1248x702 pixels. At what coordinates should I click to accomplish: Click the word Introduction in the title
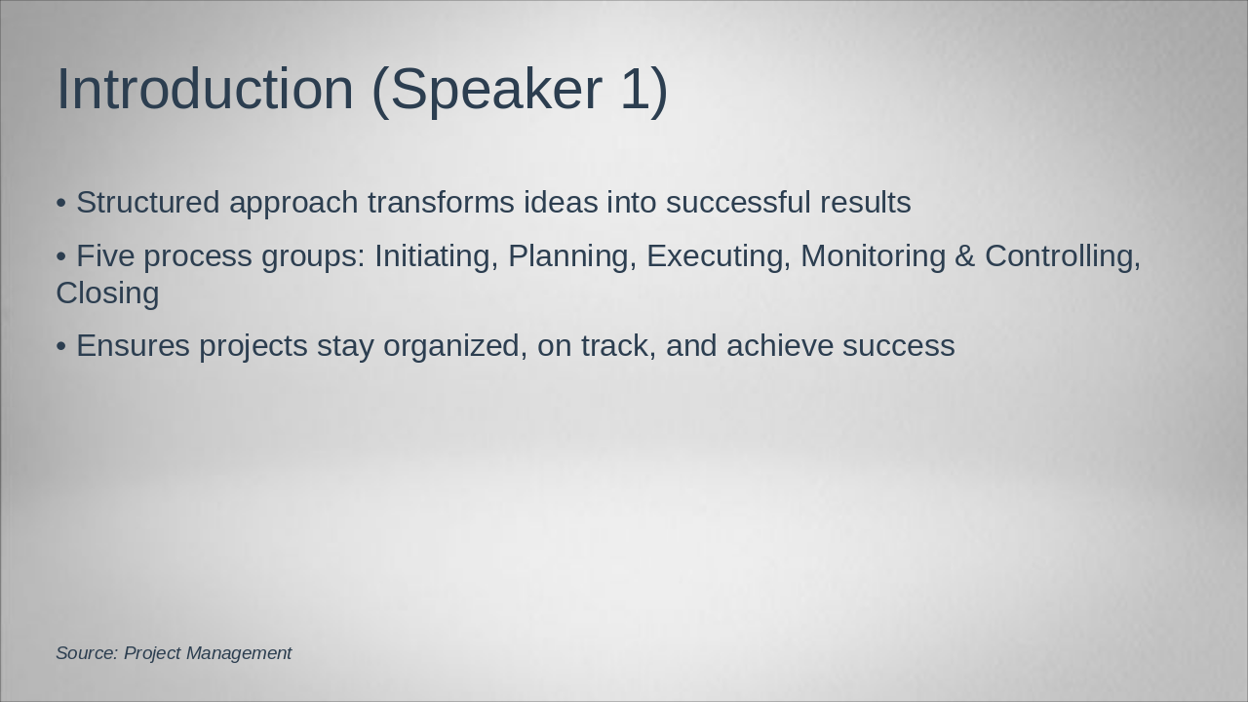(x=205, y=90)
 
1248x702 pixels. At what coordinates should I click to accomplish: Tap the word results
(x=865, y=203)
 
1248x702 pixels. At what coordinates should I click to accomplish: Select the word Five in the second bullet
(x=105, y=256)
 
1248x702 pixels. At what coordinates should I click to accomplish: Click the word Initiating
(x=436, y=256)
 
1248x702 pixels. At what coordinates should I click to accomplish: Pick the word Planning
(x=572, y=256)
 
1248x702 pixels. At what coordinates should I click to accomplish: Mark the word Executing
(x=718, y=256)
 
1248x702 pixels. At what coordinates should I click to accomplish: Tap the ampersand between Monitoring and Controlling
(x=965, y=256)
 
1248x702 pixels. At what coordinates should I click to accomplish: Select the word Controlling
(x=1062, y=256)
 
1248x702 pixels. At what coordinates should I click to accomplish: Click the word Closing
(x=107, y=293)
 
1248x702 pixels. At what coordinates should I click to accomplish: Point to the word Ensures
(x=133, y=346)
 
